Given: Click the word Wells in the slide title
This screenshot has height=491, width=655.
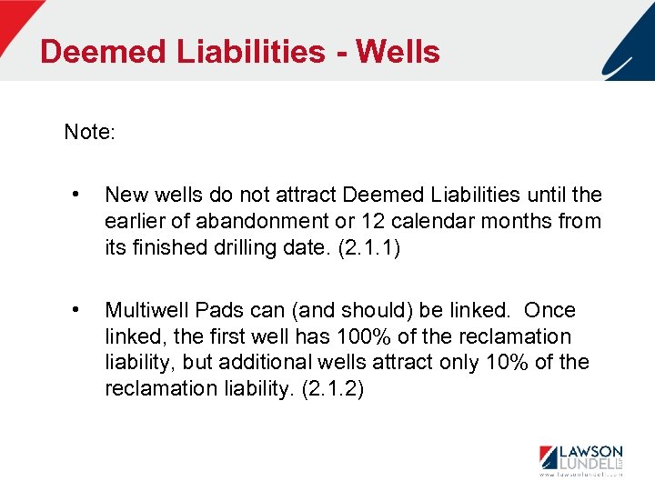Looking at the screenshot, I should point(398,52).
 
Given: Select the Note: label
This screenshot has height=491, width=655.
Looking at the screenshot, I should point(89,133).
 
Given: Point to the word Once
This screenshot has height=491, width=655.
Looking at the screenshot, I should point(550,311).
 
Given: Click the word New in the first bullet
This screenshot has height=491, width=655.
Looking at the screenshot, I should point(125,195).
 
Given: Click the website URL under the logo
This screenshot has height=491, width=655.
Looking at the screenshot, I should point(580,475).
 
